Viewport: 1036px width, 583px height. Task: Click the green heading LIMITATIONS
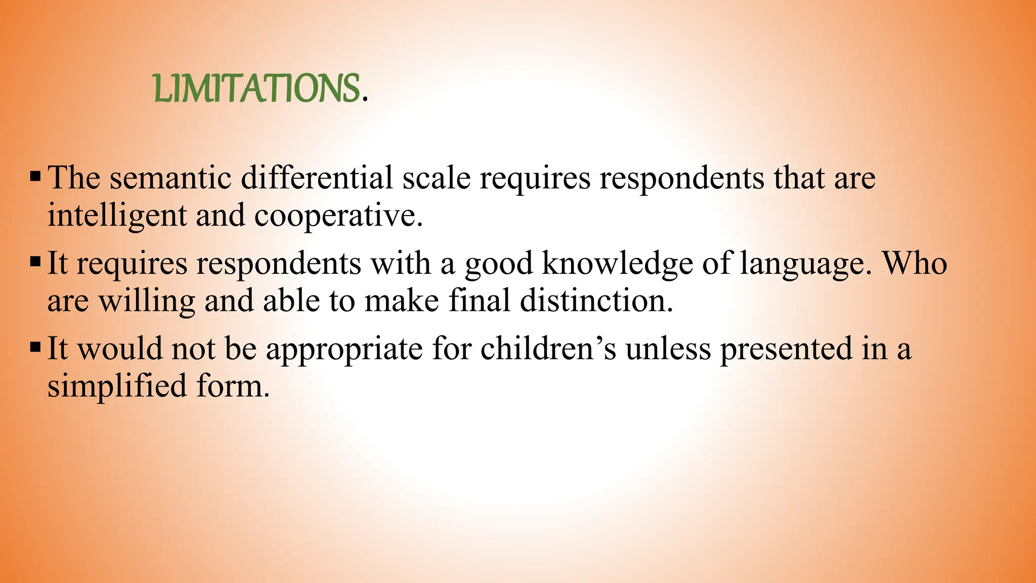coord(257,89)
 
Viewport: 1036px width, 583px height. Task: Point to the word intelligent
coord(117,216)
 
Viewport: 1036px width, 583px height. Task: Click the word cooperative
coord(337,216)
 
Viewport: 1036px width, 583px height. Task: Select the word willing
coord(147,302)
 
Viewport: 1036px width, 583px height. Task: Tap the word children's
coord(548,349)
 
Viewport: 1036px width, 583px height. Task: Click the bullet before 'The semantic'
coord(35,177)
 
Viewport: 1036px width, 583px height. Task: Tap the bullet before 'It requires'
coord(35,263)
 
